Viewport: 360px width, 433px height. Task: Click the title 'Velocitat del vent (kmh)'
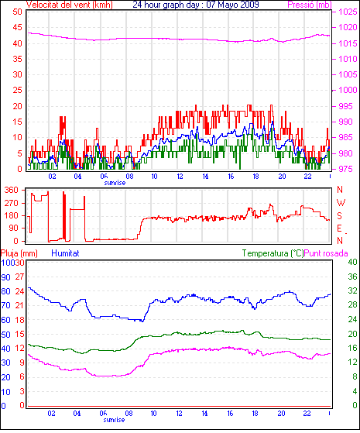[x=70, y=5]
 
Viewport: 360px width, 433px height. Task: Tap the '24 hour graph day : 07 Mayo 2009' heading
[x=196, y=5]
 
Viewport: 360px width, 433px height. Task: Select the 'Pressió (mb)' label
[x=310, y=5]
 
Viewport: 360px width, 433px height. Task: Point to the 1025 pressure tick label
[x=348, y=12]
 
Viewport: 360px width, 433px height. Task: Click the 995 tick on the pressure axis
[x=345, y=106]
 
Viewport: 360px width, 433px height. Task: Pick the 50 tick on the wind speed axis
[x=17, y=12]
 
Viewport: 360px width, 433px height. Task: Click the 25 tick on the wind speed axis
[x=17, y=90]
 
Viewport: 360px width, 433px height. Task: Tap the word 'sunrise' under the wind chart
[x=115, y=183]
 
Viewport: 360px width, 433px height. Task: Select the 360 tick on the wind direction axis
[x=11, y=190]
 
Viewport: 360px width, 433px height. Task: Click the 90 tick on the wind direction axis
[x=13, y=228]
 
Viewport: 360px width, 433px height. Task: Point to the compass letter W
[x=341, y=203]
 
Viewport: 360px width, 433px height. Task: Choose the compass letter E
[x=339, y=228]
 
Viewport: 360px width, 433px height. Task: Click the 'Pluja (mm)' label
[x=19, y=253]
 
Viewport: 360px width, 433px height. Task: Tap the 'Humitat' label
[x=65, y=253]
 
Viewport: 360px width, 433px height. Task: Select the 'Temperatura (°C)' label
[x=273, y=253]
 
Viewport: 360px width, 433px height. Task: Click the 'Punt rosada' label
[x=326, y=253]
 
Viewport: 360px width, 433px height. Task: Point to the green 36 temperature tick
[x=352, y=277]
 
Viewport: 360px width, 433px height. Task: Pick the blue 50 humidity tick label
[x=5, y=335]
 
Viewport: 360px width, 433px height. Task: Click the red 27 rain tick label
[x=19, y=277]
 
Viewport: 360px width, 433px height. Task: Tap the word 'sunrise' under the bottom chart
[x=114, y=420]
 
